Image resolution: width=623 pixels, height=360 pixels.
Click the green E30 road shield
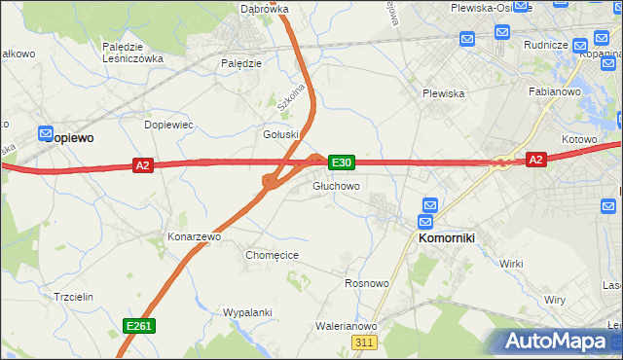341,162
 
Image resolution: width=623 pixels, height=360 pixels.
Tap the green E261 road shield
138,326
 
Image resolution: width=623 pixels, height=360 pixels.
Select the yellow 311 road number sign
364,342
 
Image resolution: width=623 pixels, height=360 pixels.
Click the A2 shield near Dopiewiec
143,165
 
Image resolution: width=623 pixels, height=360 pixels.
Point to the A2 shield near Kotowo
535,159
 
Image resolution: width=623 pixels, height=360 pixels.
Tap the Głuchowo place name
337,185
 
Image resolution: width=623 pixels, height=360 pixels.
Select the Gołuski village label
280,134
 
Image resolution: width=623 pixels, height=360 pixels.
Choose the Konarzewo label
196,236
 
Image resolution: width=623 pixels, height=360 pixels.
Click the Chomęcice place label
272,255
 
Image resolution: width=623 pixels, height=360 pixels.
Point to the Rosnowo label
368,283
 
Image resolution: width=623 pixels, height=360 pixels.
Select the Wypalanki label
246,312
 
